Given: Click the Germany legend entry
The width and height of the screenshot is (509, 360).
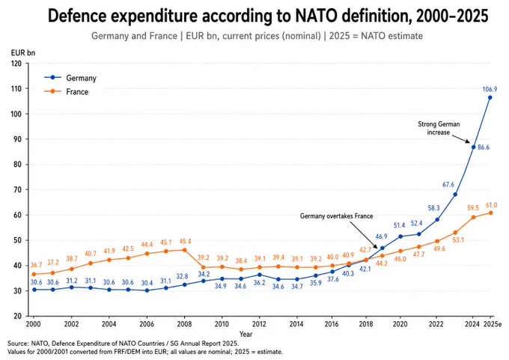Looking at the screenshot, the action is tap(70, 78).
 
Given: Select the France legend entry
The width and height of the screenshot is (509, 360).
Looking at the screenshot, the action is tap(66, 92).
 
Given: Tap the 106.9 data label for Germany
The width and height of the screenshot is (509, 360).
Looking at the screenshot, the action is tap(490, 89).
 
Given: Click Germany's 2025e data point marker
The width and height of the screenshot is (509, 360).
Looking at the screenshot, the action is tap(490, 97).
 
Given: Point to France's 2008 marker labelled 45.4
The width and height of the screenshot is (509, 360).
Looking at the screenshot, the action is tap(184, 250).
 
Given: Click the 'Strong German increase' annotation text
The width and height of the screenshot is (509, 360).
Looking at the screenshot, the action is tap(439, 128).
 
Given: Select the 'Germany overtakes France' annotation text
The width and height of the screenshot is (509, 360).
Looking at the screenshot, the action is tap(336, 216).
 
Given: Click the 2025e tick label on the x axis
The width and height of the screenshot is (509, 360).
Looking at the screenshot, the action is tap(493, 324).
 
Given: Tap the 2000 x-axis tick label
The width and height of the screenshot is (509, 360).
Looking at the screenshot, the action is tap(32, 324).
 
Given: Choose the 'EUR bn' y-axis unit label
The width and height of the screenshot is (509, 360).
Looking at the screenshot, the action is tap(23, 52).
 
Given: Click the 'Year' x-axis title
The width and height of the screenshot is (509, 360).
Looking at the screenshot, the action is tap(246, 334).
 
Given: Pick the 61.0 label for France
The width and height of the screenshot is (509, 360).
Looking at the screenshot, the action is tap(491, 205).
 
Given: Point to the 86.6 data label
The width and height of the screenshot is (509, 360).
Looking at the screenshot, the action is tap(484, 147).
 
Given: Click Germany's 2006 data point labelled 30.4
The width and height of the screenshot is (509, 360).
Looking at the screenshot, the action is tap(147, 290).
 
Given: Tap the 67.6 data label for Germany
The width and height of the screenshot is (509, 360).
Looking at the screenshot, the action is tap(448, 185).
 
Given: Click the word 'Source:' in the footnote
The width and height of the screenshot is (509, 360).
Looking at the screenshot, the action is tap(18, 344).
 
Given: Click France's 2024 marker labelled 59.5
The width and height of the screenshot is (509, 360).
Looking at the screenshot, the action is tap(473, 217).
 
